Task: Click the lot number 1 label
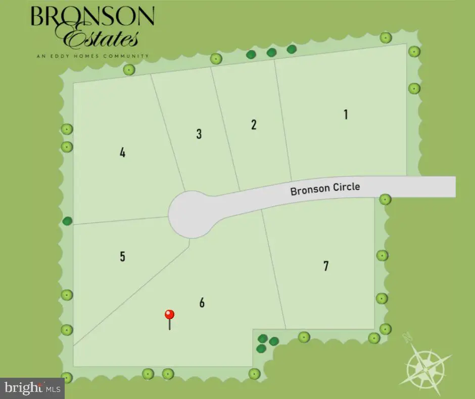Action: click(346, 114)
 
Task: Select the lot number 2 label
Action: click(254, 125)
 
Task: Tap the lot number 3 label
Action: click(199, 134)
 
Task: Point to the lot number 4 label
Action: click(122, 152)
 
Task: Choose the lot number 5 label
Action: click(122, 256)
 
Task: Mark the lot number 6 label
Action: click(202, 303)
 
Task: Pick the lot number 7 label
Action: click(326, 265)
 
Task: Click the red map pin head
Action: click(170, 314)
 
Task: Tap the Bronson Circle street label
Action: click(325, 189)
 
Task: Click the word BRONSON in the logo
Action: click(92, 17)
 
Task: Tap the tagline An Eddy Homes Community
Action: click(92, 56)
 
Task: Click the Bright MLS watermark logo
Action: click(32, 388)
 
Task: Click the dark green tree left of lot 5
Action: click(67, 221)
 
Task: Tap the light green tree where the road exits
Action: click(385, 199)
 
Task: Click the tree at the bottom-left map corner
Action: click(67, 377)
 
